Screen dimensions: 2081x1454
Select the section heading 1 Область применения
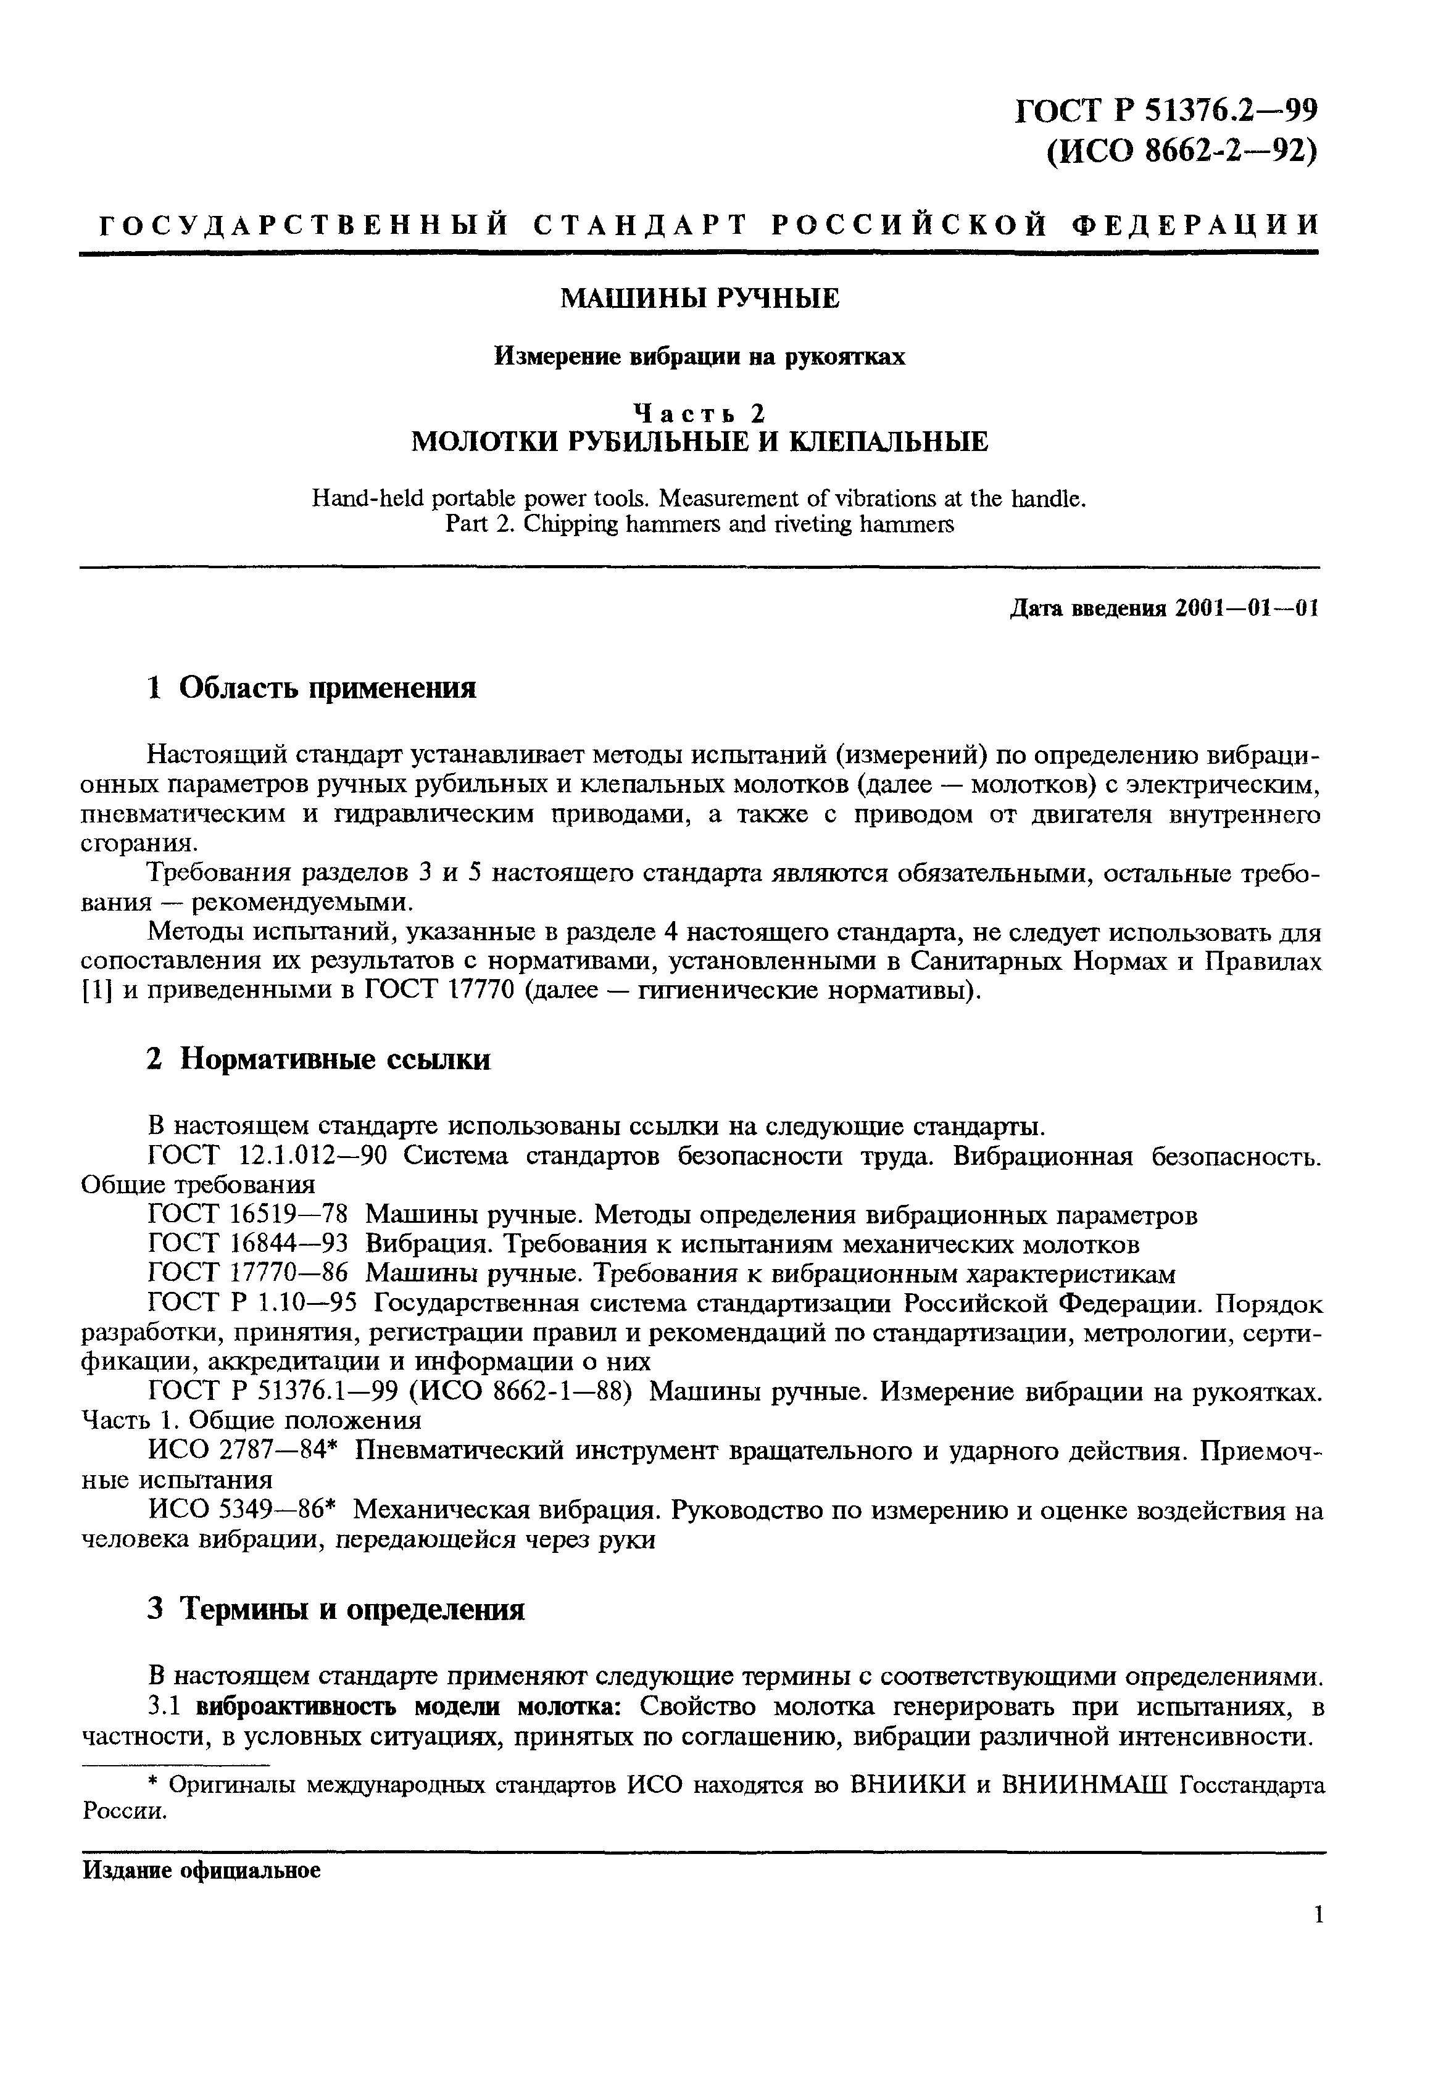311,688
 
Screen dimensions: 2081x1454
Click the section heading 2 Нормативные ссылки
318,1059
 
